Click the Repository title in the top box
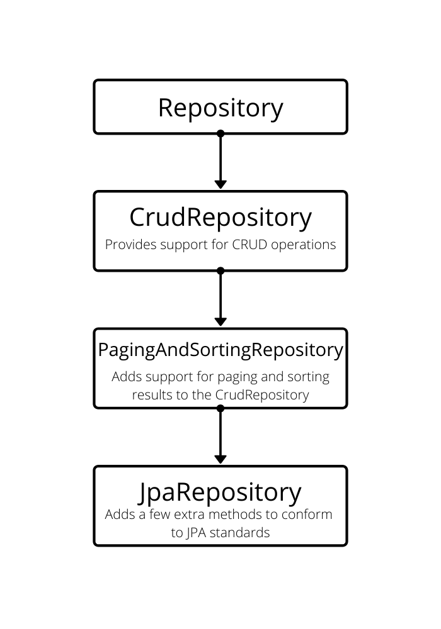click(220, 108)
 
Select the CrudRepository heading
click(220, 218)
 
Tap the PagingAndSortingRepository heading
click(220, 350)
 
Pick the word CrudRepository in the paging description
click(262, 395)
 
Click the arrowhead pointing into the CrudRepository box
click(220, 184)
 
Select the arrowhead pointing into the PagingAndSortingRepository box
click(220, 321)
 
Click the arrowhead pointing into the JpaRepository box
click(220, 459)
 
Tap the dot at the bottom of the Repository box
click(220, 133)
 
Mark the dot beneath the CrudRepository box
click(220, 270)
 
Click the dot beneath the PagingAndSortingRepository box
click(220, 408)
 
